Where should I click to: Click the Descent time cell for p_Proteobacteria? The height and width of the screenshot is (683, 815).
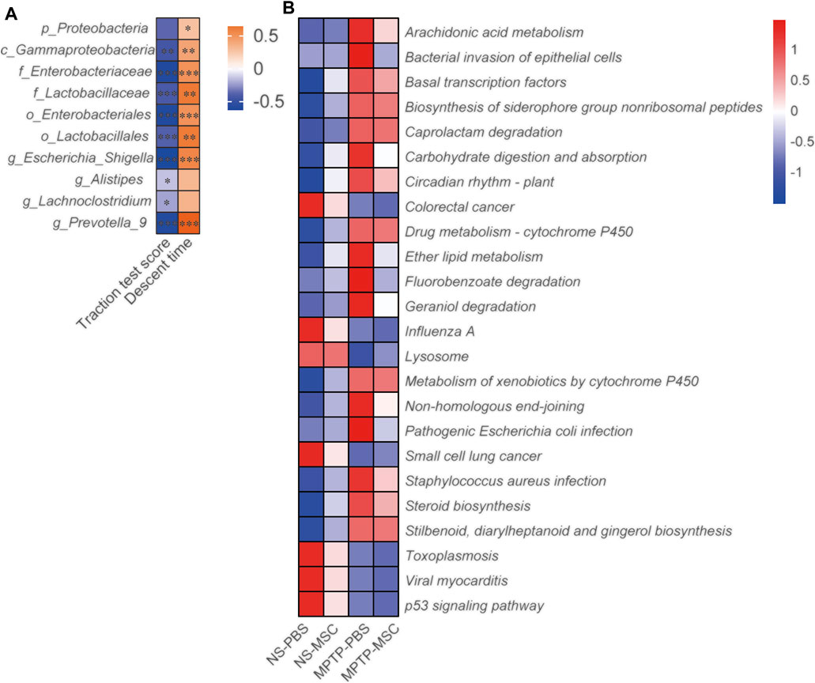pos(188,28)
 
